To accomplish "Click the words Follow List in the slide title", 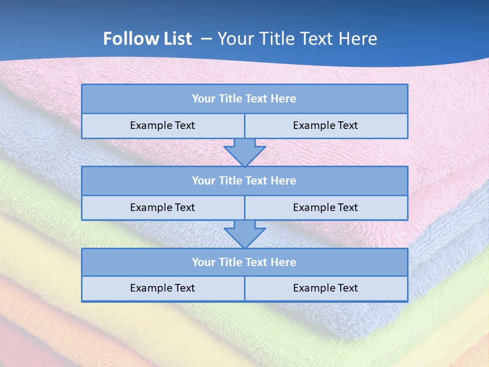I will tap(147, 39).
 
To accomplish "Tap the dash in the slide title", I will tap(206, 39).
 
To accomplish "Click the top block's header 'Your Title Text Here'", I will tap(244, 99).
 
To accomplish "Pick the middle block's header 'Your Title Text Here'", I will tap(244, 181).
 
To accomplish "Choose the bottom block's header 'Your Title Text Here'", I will tap(244, 263).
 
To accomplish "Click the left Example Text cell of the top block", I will tap(162, 125).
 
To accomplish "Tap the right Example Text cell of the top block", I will tap(325, 125).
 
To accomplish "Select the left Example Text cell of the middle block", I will tap(162, 207).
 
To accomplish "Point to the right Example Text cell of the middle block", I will tap(325, 207).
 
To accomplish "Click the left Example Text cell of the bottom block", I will tap(162, 288).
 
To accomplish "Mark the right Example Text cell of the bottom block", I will tap(325, 288).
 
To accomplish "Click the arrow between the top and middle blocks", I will tap(244, 152).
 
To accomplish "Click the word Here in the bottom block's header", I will tap(283, 263).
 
